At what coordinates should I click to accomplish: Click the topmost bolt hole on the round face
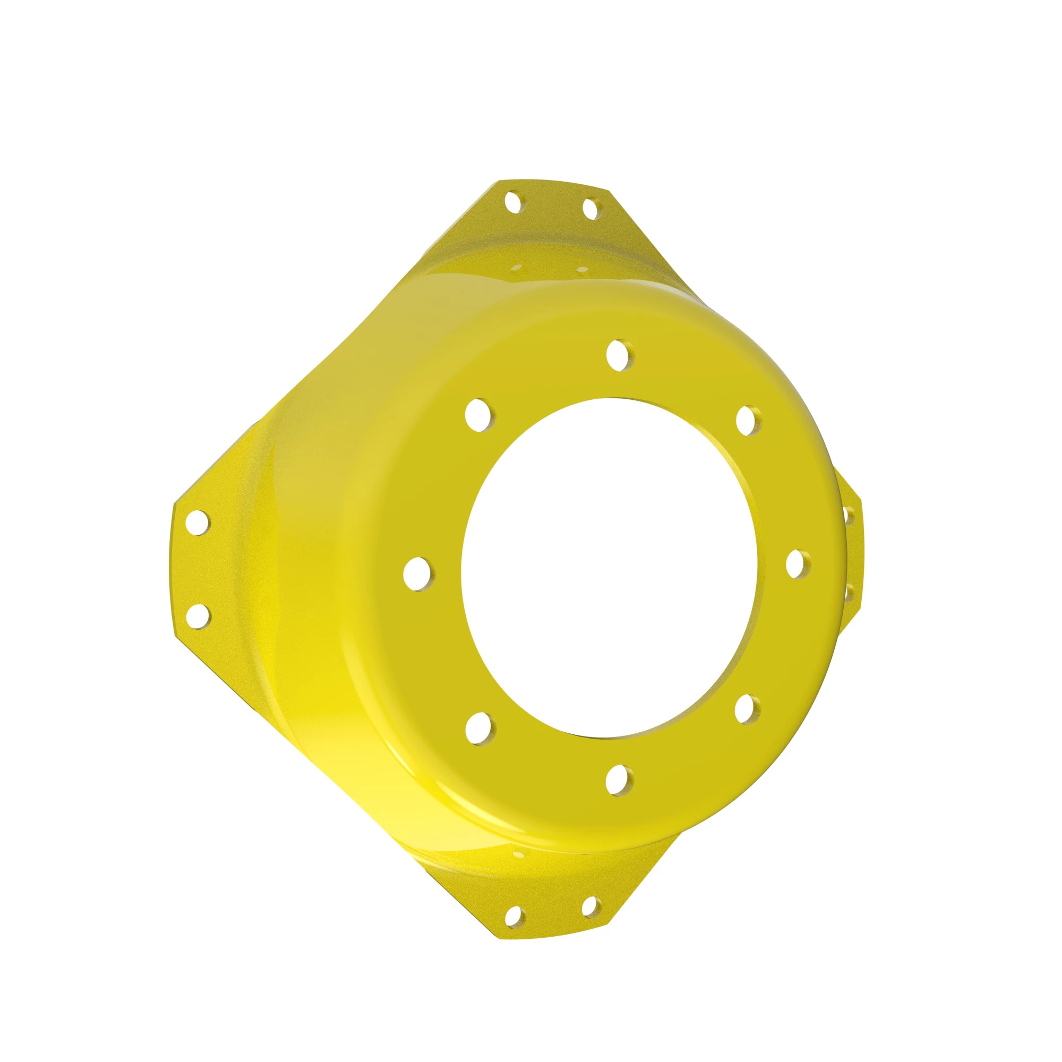620,355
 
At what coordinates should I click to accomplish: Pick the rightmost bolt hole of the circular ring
798,564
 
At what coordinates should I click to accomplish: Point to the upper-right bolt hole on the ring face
748,421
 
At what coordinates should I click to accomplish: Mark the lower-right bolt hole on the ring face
747,709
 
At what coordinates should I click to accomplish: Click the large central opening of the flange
610,566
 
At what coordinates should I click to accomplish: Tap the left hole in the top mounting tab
513,202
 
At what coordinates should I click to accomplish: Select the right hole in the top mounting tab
590,209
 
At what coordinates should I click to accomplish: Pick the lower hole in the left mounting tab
198,616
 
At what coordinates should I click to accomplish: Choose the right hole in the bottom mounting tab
590,907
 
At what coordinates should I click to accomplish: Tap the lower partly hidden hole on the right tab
849,594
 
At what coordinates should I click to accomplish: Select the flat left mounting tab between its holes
198,569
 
